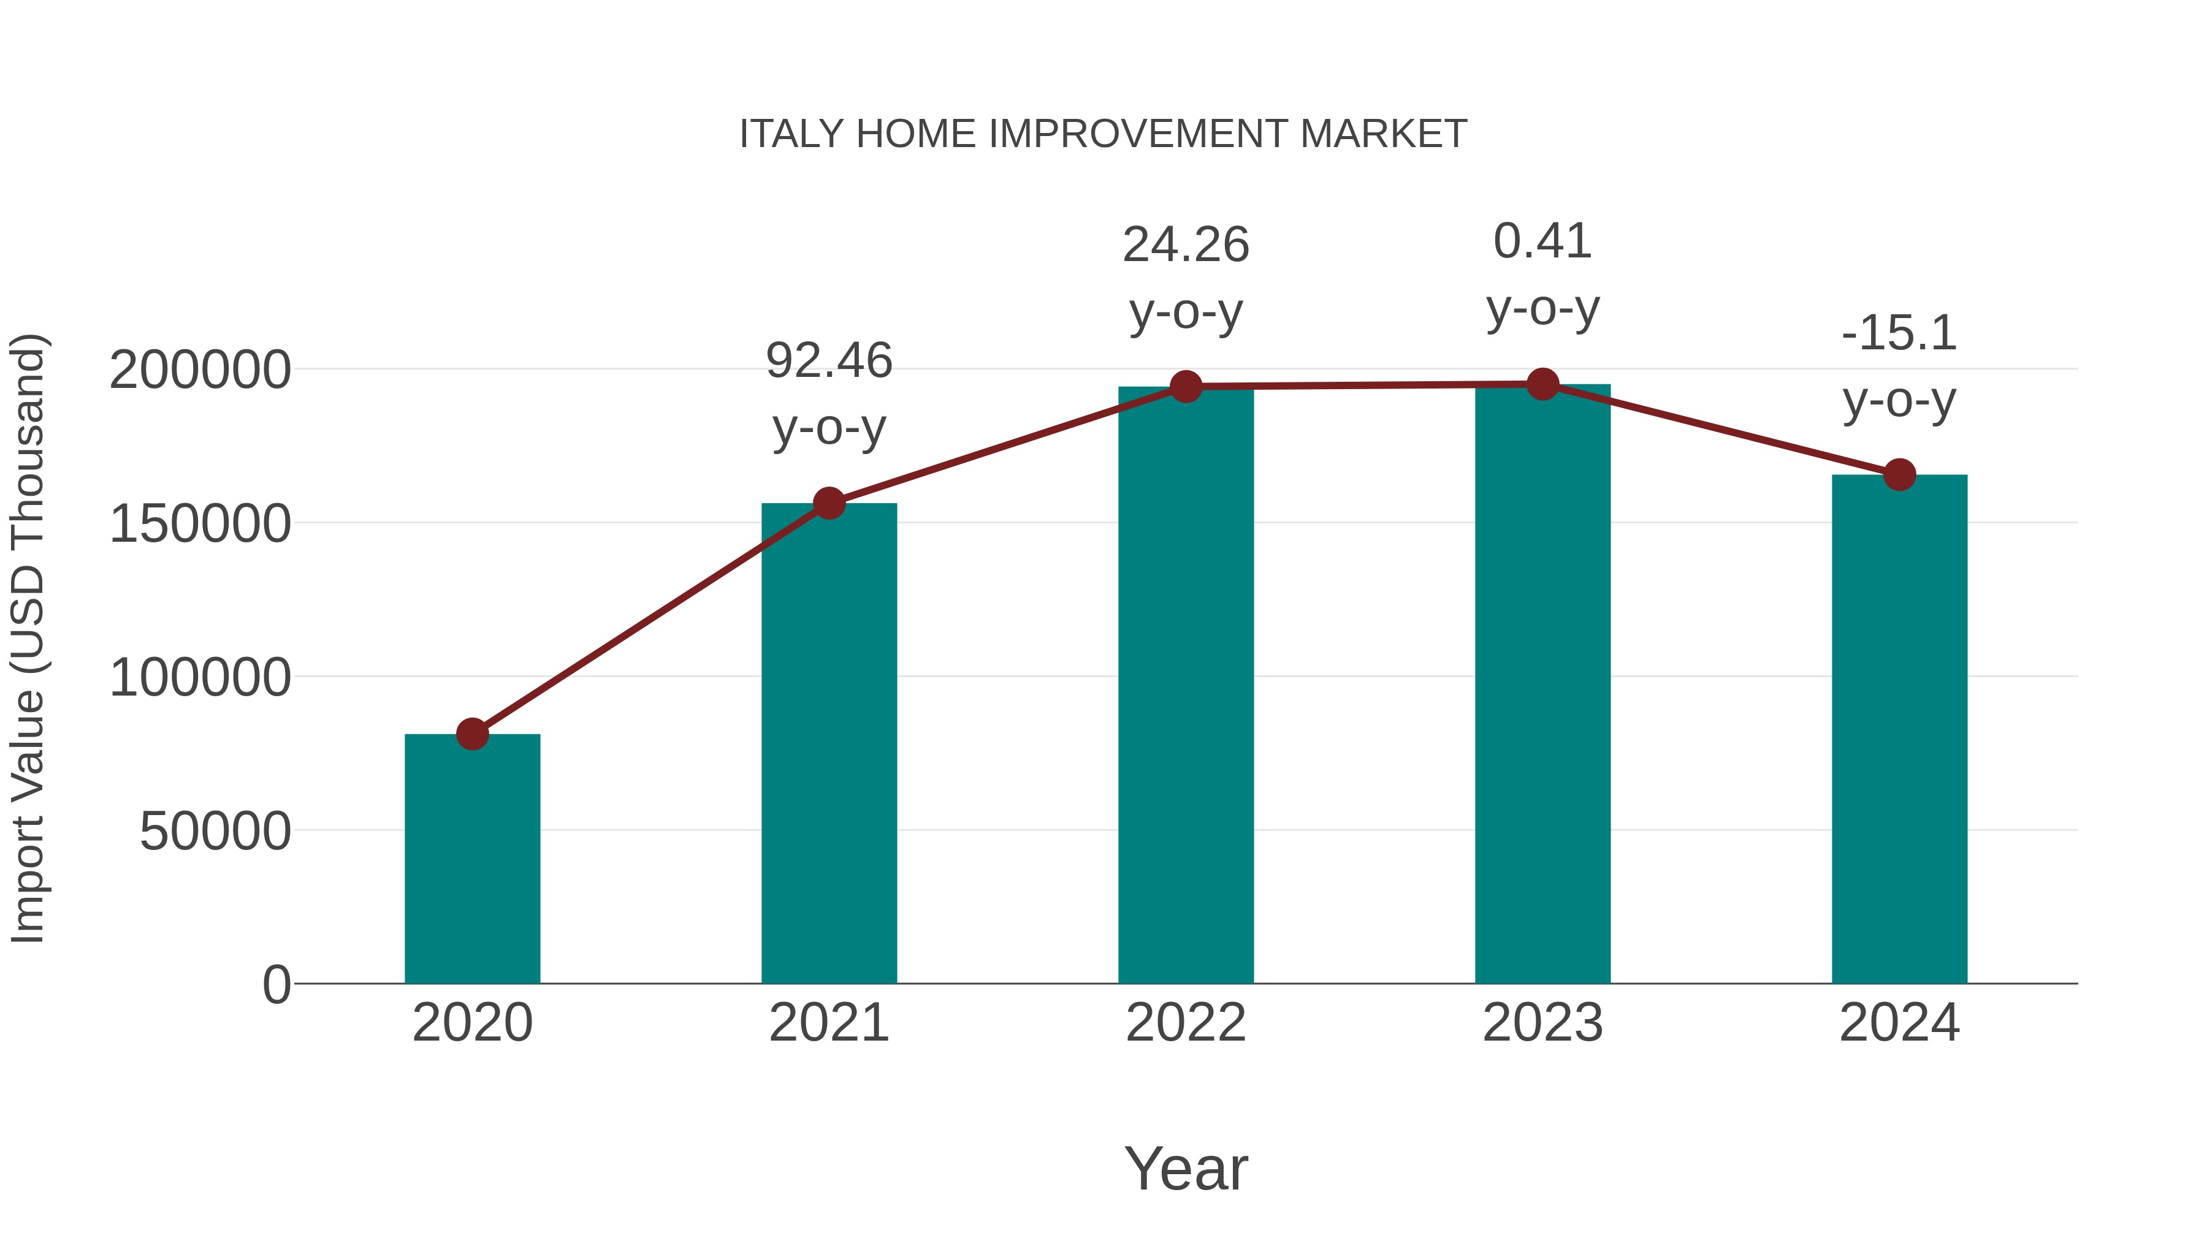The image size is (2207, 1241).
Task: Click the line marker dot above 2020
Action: click(x=472, y=734)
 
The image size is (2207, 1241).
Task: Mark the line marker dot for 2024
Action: click(x=1899, y=474)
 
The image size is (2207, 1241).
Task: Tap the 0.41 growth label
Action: click(x=1542, y=241)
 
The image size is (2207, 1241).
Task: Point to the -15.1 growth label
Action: click(x=1899, y=333)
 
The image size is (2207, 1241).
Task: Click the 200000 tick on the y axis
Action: click(x=200, y=370)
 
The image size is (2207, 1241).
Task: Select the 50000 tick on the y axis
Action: click(x=215, y=831)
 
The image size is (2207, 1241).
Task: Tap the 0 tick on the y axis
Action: click(x=276, y=985)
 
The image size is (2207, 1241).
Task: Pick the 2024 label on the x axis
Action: click(x=1899, y=1023)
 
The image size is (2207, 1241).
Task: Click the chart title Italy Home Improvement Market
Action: click(x=1103, y=134)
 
